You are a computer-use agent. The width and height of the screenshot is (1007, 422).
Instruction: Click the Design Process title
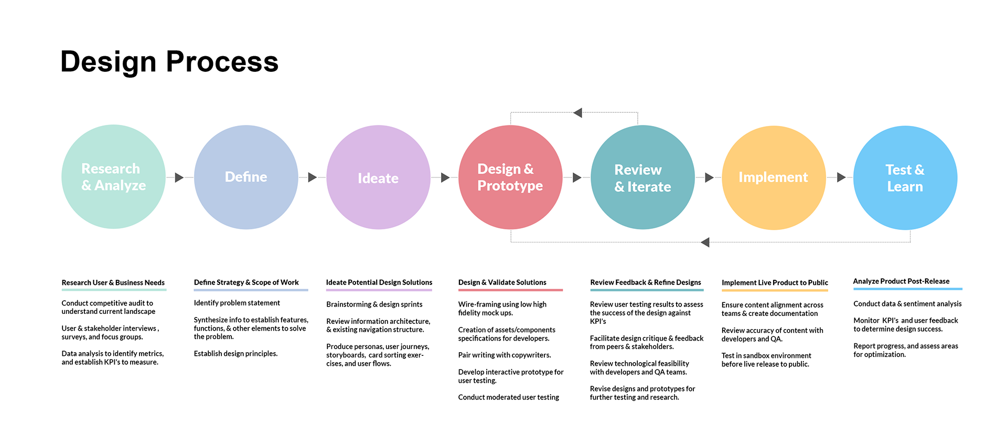[x=169, y=62]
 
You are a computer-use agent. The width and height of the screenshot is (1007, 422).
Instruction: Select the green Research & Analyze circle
[x=113, y=177]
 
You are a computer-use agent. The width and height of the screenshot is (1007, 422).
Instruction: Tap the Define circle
[x=246, y=177]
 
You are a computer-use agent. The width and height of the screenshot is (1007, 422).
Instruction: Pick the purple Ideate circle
[x=378, y=177]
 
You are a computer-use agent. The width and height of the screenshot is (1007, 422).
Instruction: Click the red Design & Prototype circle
[x=510, y=177]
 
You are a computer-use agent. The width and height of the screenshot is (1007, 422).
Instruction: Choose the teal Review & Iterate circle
[x=642, y=177]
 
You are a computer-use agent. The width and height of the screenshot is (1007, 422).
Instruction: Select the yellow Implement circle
[x=774, y=177]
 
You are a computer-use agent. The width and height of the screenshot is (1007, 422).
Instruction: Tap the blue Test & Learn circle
[x=905, y=177]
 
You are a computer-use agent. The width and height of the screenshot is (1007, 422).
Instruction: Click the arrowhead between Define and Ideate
[x=312, y=177]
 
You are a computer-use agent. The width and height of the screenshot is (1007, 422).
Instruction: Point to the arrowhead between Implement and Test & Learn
[x=841, y=177]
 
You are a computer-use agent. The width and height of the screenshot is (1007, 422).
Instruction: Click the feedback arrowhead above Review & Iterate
[x=578, y=113]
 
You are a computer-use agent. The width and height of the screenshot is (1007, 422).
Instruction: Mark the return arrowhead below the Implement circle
[x=705, y=242]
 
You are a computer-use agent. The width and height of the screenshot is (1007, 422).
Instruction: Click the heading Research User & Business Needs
[x=113, y=282]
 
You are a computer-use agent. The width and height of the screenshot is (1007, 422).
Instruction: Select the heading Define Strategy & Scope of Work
[x=246, y=282]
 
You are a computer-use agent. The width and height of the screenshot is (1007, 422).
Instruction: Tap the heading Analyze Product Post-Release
[x=901, y=281]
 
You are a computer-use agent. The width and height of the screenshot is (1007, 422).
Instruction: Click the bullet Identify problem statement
[x=237, y=303]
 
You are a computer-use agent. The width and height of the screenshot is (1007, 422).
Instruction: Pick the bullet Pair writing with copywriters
[x=504, y=355]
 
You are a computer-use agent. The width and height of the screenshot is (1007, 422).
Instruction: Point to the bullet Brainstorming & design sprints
[x=374, y=304]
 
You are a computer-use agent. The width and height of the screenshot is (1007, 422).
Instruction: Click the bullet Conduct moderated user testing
[x=508, y=397]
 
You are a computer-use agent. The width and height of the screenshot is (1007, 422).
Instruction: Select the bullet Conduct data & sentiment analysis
[x=907, y=304]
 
